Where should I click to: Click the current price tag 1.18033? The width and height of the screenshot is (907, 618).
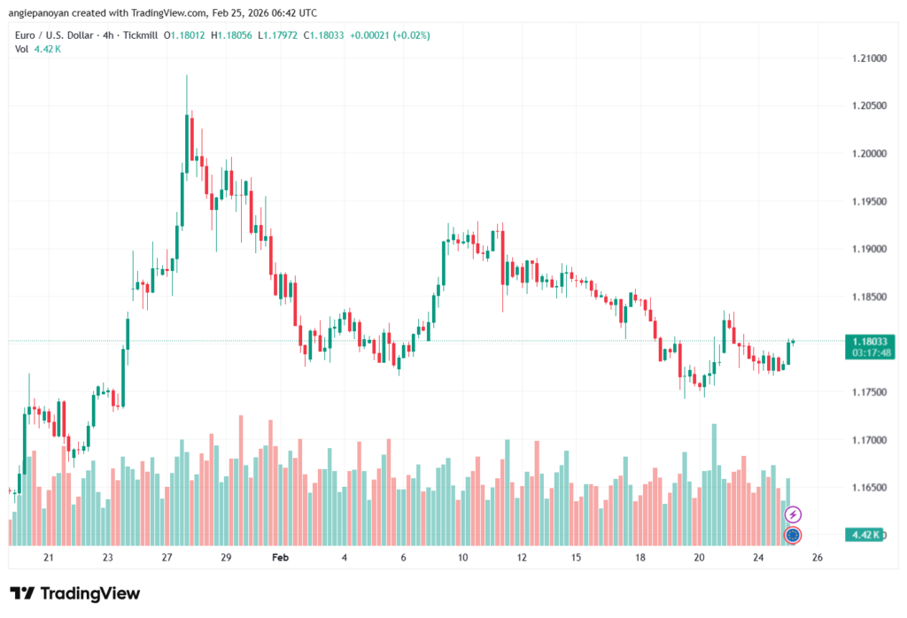pyautogui.click(x=868, y=341)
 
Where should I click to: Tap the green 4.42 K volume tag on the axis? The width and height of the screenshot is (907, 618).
pyautogui.click(x=864, y=535)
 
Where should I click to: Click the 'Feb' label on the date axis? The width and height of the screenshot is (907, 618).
pyautogui.click(x=281, y=558)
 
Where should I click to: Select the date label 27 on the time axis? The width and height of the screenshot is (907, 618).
pyautogui.click(x=167, y=558)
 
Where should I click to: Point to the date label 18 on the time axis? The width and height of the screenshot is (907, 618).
pyautogui.click(x=640, y=558)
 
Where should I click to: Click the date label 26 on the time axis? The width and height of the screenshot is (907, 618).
pyautogui.click(x=817, y=558)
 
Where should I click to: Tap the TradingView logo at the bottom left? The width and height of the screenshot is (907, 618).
pyautogui.click(x=75, y=593)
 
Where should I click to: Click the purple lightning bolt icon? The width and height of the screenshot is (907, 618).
pyautogui.click(x=794, y=514)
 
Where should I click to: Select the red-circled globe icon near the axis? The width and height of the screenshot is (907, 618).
pyautogui.click(x=794, y=535)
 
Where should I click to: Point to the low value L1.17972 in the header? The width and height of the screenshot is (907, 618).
pyautogui.click(x=279, y=35)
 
